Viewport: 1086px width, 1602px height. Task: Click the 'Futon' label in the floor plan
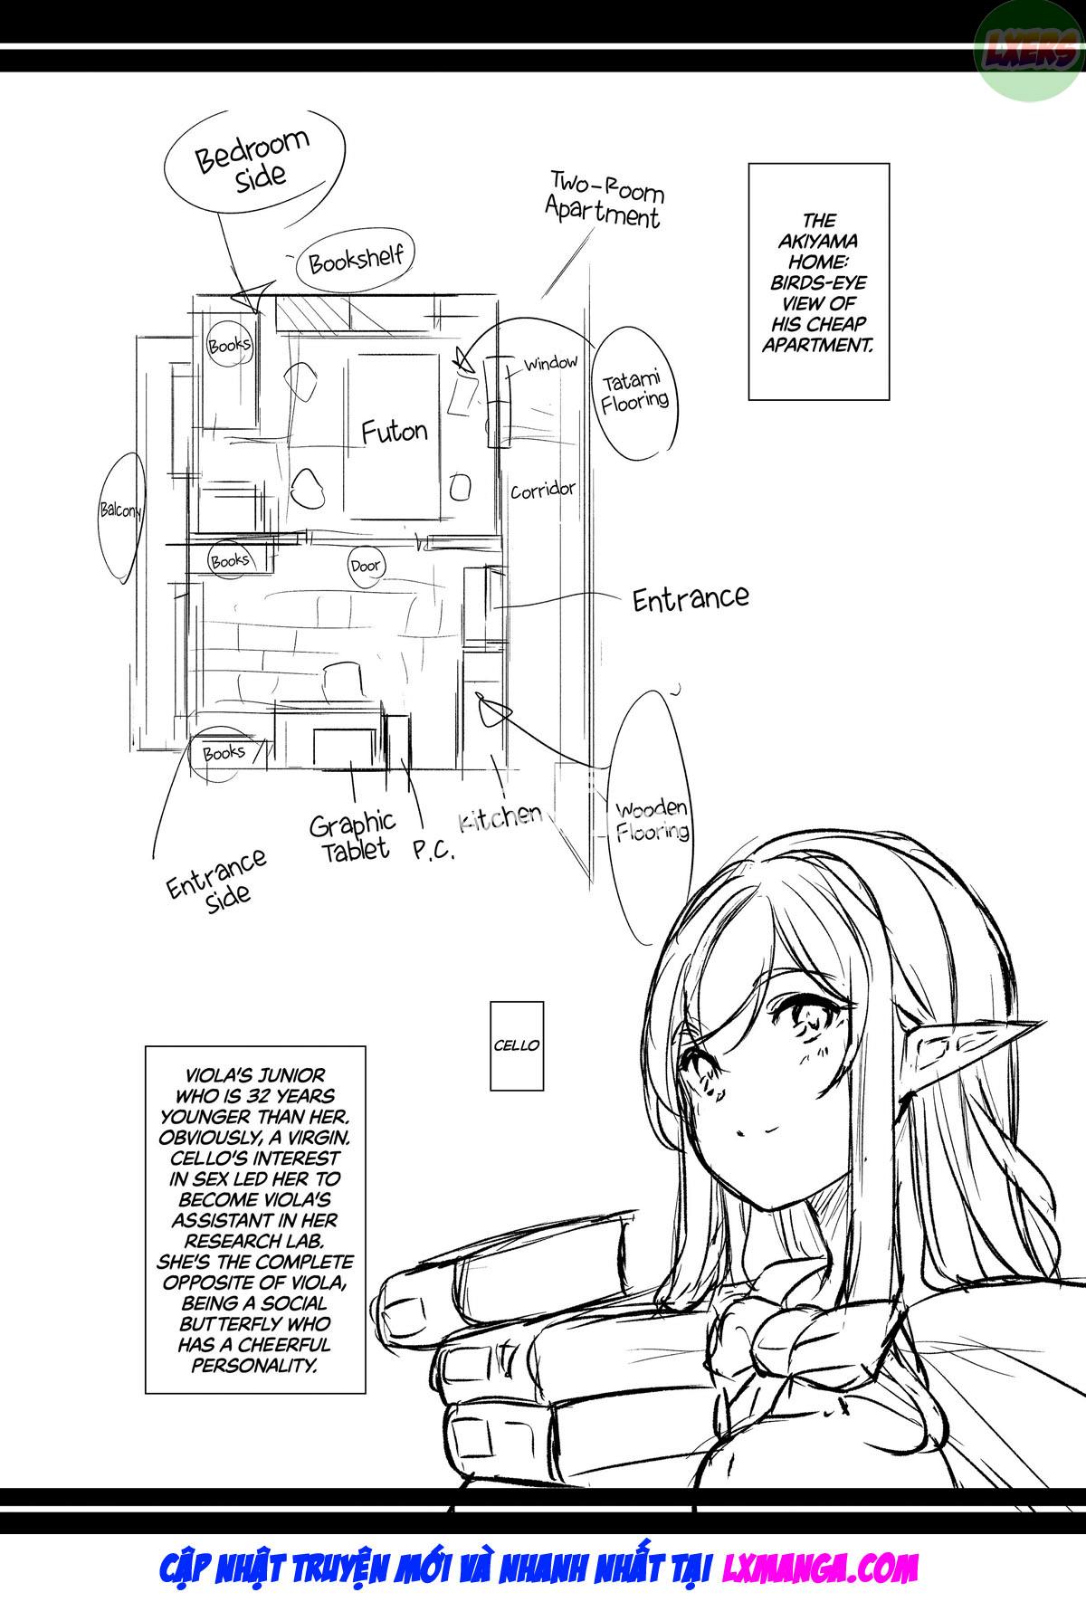(x=394, y=432)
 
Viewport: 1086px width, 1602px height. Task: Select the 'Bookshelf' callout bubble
(x=355, y=262)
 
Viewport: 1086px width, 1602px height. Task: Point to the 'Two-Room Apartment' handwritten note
(x=604, y=199)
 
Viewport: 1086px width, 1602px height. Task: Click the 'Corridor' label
(x=543, y=491)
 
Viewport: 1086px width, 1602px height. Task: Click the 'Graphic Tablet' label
(x=352, y=836)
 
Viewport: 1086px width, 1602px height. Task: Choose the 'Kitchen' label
(x=500, y=817)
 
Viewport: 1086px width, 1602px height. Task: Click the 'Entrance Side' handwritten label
(x=217, y=877)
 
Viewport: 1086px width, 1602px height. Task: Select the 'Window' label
(x=551, y=364)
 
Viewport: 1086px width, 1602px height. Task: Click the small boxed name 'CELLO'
(x=517, y=1045)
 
